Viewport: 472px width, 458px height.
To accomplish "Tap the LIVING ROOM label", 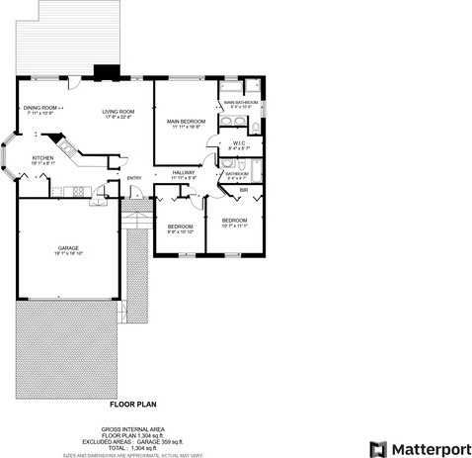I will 118,112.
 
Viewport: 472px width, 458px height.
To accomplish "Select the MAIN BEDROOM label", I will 185,122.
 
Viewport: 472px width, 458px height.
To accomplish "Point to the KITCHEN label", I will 42,158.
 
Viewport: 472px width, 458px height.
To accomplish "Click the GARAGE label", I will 68,248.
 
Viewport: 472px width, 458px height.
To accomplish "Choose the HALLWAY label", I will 184,172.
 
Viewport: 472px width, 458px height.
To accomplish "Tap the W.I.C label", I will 239,142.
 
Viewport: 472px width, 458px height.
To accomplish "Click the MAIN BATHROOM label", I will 240,102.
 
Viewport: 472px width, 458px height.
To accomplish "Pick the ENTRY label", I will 134,178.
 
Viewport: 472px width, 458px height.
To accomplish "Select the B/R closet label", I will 243,189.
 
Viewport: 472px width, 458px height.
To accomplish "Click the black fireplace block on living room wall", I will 104,72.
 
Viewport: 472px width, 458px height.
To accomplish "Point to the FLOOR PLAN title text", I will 132,404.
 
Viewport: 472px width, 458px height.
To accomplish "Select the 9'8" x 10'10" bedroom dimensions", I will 179,232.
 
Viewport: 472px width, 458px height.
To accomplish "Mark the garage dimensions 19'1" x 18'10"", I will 68,254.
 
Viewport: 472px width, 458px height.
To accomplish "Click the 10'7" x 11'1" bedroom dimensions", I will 233,225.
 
